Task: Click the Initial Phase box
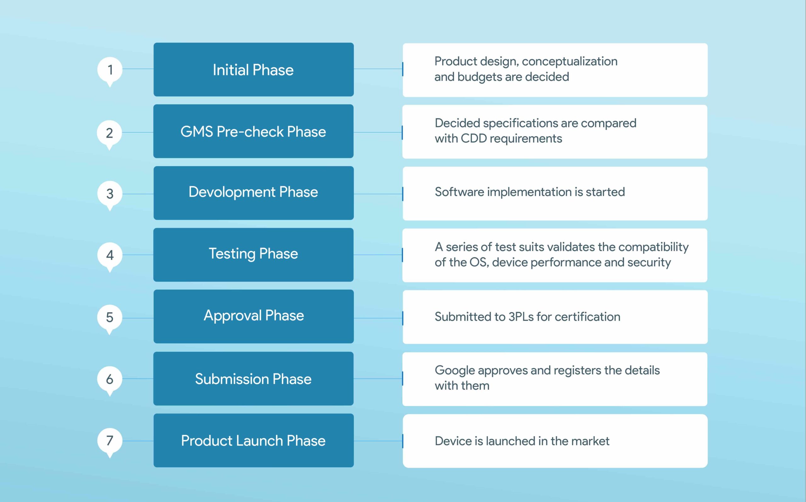(x=253, y=69)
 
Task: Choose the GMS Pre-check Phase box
(x=253, y=131)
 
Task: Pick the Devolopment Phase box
(x=253, y=193)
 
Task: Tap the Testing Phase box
(x=253, y=255)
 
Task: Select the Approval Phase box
(x=253, y=317)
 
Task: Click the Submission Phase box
(x=253, y=379)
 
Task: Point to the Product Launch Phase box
(x=253, y=440)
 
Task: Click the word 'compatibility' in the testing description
(x=653, y=247)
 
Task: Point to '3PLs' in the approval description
(x=521, y=317)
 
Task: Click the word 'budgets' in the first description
(x=480, y=77)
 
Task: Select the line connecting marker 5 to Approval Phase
(x=138, y=318)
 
